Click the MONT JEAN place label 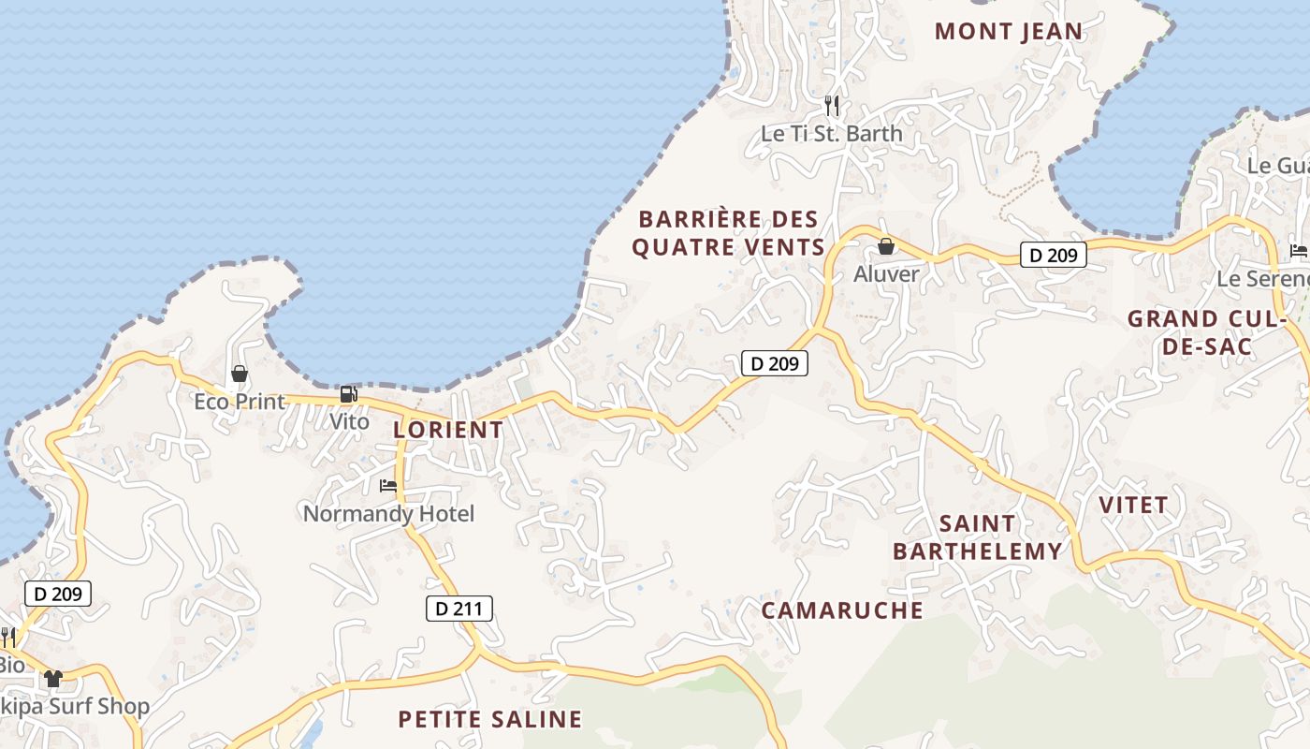click(1008, 31)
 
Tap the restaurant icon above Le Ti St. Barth click(832, 105)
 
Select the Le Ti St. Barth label click(832, 134)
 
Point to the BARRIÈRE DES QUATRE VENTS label click(728, 233)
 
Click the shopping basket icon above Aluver click(885, 247)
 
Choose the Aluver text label click(886, 274)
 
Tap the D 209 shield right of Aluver click(1053, 255)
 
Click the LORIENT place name click(448, 430)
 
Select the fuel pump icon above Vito click(348, 394)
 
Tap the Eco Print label click(240, 402)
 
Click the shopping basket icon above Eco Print click(240, 374)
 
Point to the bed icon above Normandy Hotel click(388, 486)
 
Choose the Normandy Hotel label click(388, 514)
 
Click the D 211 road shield click(458, 609)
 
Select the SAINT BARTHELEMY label click(977, 537)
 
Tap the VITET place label click(1133, 506)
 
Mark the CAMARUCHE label click(842, 610)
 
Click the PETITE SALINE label click(489, 719)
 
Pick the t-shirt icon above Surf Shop click(52, 678)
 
